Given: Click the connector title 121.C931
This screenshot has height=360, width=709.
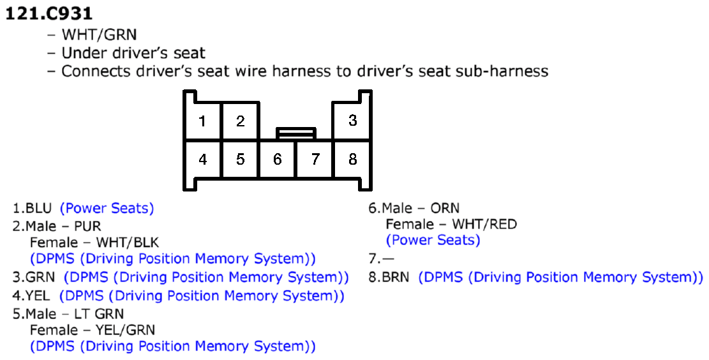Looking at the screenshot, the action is [49, 13].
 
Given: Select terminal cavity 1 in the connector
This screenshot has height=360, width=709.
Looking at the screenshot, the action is [202, 121].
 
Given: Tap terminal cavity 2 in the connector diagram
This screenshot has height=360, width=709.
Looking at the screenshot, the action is [240, 121].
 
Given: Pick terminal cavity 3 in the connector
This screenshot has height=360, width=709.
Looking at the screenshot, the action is [353, 121].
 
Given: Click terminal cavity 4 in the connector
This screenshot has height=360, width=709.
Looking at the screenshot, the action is [202, 159].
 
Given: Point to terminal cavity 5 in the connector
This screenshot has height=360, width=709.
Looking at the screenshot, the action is [240, 159].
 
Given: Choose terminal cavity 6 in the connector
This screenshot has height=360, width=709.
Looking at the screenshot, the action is [277, 159].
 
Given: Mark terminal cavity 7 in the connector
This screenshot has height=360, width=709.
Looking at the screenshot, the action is [315, 159].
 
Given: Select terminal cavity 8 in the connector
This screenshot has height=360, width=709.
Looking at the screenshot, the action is [353, 159].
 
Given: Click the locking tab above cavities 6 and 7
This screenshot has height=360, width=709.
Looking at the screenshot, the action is [296, 133].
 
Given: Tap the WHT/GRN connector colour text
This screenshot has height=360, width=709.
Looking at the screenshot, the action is [99, 34].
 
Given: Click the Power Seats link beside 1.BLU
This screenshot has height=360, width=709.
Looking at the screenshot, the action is [107, 208].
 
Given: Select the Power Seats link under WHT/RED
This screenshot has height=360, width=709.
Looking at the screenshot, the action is [433, 240].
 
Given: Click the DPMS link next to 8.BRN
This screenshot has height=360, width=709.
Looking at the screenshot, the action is [561, 277].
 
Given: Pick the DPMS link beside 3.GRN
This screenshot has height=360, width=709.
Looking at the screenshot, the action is [206, 277].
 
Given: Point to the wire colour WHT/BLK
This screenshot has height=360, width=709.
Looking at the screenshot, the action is [128, 243].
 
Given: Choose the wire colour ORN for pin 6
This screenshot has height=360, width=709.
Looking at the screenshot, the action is [445, 208].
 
